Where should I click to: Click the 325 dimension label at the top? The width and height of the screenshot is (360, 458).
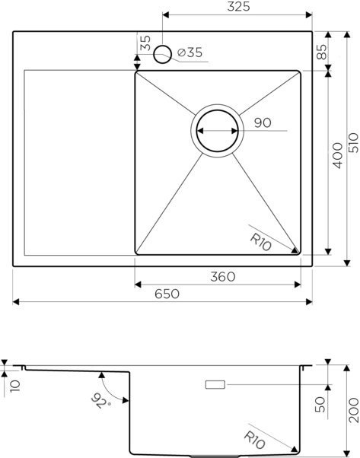click(240, 7)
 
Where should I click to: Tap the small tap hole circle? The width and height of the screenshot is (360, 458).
click(163, 54)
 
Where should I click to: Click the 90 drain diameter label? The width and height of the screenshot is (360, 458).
click(263, 122)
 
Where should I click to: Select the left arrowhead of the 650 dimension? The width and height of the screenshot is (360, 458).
click(17, 303)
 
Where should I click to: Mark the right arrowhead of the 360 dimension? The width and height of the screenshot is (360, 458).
click(299, 284)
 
